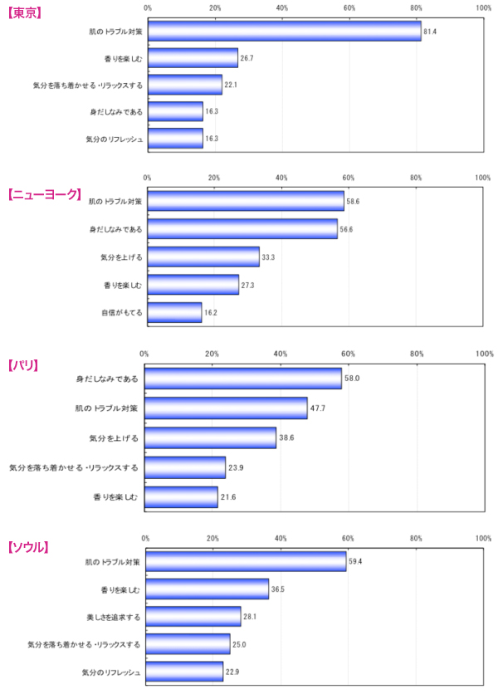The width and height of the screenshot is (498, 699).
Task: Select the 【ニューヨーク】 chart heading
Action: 45,193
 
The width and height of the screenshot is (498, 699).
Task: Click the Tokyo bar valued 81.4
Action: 284,31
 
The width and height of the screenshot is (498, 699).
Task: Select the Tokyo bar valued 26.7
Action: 193,58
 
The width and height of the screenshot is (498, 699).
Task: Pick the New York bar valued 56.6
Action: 242,228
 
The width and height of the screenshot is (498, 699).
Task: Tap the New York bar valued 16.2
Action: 174,312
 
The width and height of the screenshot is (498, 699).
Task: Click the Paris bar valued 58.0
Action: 243,379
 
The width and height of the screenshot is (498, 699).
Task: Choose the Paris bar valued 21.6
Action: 181,497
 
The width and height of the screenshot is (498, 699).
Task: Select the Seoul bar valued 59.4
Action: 246,561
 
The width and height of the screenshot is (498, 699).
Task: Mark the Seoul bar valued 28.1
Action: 193,617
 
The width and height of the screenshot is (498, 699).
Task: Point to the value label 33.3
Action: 268,257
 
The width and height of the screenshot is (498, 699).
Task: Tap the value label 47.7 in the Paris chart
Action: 316,408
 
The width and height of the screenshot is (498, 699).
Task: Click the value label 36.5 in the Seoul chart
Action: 278,589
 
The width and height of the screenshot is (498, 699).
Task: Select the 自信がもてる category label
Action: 121,312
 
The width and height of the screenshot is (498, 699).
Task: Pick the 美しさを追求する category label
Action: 113,617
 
